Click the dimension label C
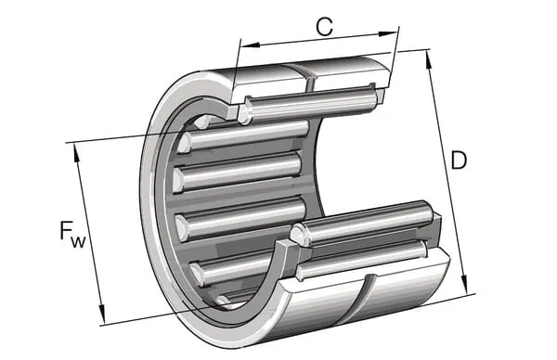tap(324, 26)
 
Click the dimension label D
tap(459, 161)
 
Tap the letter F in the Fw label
tap(65, 230)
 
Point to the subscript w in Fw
tap(78, 242)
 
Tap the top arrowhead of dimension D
tap(429, 59)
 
